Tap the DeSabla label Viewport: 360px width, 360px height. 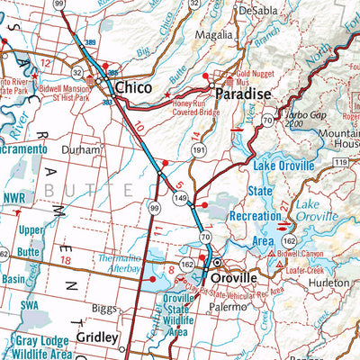tap(260, 10)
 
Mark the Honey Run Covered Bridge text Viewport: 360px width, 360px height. tap(194, 110)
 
